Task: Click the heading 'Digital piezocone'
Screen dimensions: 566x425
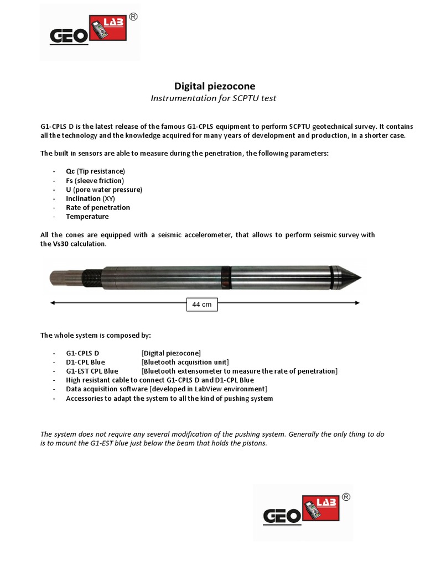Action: coord(215,86)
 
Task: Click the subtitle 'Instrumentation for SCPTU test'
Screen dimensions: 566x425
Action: coord(214,98)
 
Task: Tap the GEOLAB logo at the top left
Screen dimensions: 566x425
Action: coord(90,32)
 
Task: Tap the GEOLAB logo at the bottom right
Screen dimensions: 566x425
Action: coord(303,512)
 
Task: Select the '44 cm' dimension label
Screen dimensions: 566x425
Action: coord(202,304)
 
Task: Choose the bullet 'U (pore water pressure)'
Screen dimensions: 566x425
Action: coord(104,190)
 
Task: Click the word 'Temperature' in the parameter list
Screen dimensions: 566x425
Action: coord(87,217)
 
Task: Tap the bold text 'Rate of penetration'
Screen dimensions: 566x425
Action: coord(98,208)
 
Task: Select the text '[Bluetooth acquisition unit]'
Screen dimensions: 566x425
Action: coord(185,362)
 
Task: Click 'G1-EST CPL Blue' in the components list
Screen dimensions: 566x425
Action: coord(92,371)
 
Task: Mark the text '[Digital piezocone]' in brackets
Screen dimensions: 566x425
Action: coord(171,353)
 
